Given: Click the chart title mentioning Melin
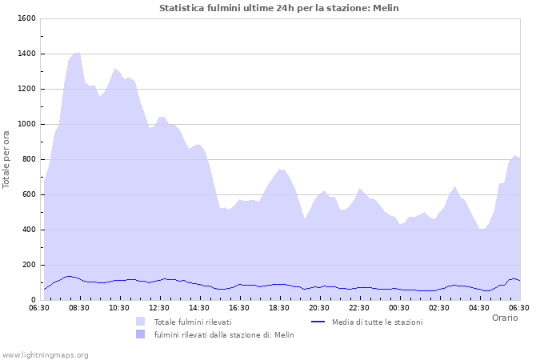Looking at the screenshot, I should pos(278,8).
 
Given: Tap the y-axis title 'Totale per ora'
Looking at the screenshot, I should pos(7,159).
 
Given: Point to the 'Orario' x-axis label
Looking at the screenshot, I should pos(504,318).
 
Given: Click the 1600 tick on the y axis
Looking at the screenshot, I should pos(26,18).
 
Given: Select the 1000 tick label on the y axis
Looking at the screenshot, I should pos(26,124).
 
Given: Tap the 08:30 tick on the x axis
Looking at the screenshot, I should pos(79,307).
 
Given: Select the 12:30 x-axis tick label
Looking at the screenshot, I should pos(159,307).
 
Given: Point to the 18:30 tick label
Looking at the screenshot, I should pos(279,307).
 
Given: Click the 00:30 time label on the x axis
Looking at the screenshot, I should pos(399,307).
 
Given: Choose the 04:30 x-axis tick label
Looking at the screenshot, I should pos(479,307).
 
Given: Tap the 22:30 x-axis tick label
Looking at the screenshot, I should pos(359,307).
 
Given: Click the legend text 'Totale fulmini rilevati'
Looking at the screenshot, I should pos(193,322).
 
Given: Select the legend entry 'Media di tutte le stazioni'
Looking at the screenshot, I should pos(377,322).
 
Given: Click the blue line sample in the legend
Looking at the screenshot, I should pos(318,322).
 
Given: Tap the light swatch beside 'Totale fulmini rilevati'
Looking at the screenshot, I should pos(141,322).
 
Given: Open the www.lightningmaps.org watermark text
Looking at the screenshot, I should pos(45,354).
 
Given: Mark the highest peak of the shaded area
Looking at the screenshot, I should pos(78,53).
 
